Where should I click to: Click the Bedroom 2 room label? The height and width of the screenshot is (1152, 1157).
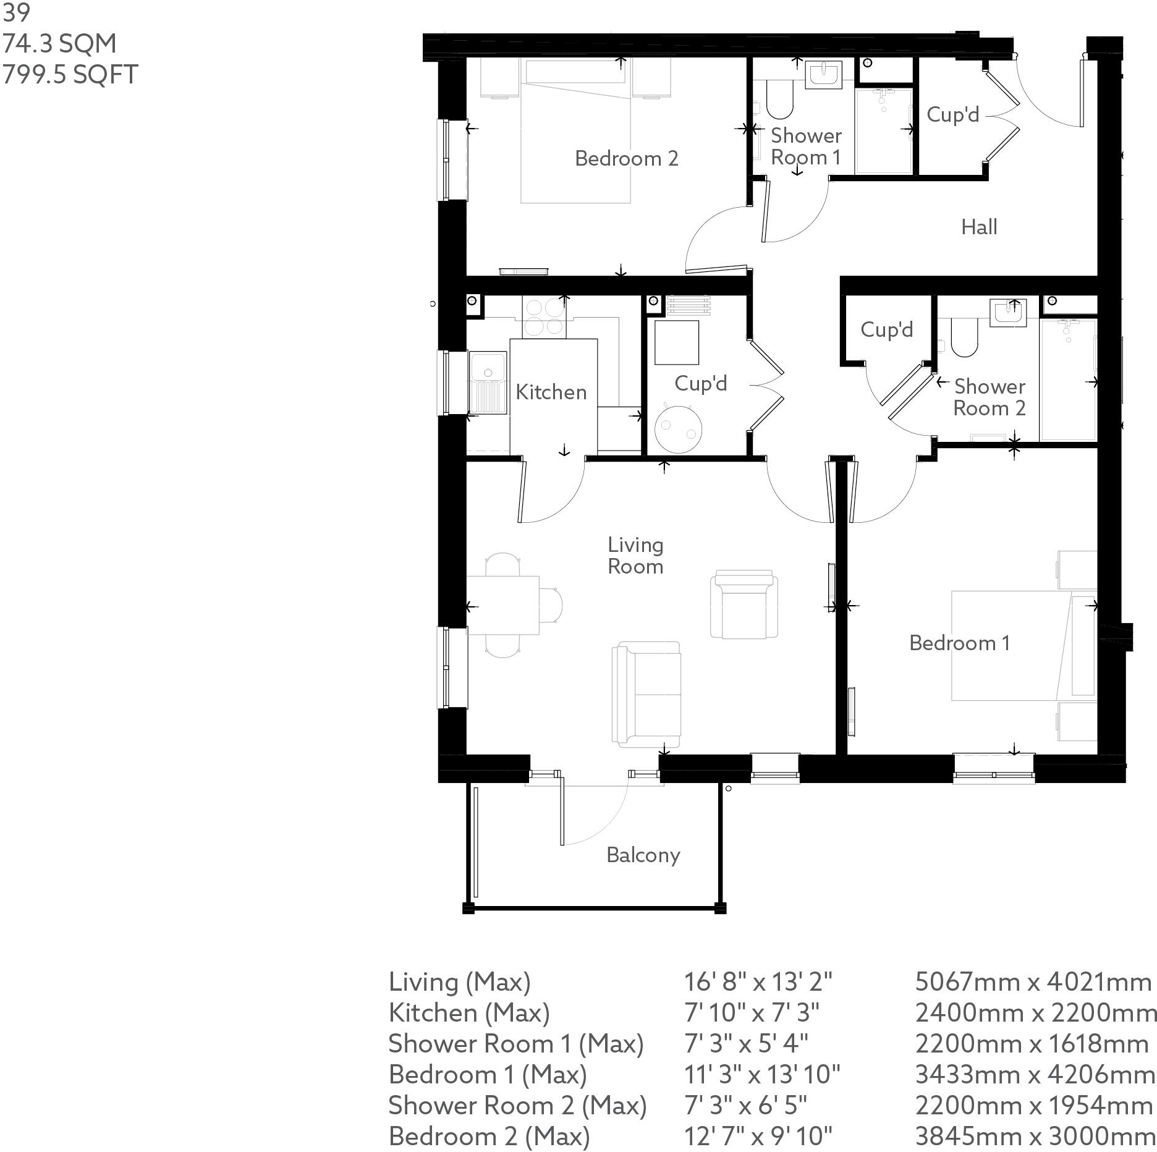[626, 159]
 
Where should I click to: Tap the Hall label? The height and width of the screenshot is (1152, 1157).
[979, 227]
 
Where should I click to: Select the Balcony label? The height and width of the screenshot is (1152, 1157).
[643, 855]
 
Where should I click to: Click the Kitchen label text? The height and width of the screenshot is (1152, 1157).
[551, 392]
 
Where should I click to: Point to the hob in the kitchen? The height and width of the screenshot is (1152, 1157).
[544, 317]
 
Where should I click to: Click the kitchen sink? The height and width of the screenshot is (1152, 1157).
[488, 382]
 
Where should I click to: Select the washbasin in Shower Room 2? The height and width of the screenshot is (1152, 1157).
[1007, 312]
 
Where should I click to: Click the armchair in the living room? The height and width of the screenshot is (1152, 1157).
[744, 604]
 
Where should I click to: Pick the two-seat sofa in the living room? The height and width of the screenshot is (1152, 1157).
[646, 694]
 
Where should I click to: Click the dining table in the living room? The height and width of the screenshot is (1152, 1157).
[502, 605]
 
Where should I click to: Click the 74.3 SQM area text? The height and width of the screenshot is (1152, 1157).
[59, 44]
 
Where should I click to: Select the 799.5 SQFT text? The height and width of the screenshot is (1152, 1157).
[70, 75]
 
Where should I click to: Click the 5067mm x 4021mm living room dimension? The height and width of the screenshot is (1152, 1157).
[1033, 981]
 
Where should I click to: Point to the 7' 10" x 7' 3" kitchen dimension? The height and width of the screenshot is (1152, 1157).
[752, 1012]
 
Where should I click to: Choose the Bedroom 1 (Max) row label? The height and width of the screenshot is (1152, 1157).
[487, 1074]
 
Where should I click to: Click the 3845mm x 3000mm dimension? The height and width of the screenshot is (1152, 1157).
[1034, 1136]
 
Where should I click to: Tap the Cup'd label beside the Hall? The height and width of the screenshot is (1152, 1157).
[952, 115]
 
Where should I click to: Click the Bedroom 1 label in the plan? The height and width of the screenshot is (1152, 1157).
[959, 643]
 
